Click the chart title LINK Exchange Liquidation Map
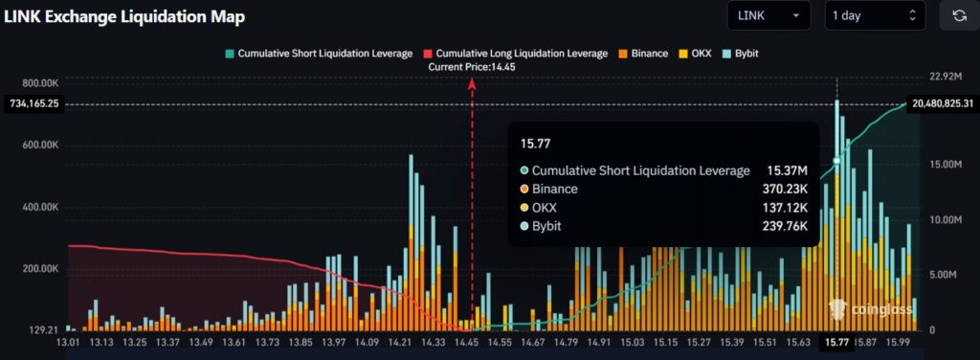[124, 16]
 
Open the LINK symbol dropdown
[768, 16]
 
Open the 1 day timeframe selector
[874, 16]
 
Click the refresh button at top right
[958, 16]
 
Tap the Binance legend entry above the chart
[644, 54]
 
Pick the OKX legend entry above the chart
[696, 54]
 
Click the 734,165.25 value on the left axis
[33, 103]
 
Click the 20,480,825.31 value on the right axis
[943, 103]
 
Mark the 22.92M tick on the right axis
[931, 76]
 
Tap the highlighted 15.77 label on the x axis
[836, 342]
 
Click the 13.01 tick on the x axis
[69, 342]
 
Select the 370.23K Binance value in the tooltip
[783, 190]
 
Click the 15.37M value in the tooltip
[787, 170]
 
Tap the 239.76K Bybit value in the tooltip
[783, 226]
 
